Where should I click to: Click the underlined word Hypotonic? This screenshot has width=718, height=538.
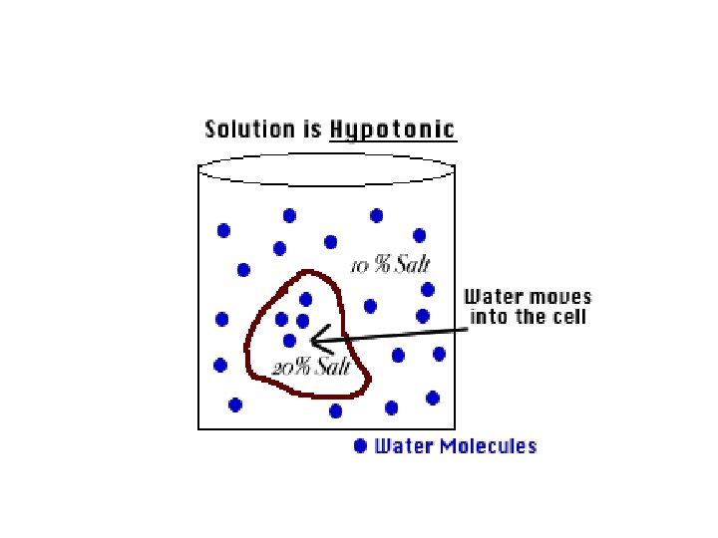coord(393,130)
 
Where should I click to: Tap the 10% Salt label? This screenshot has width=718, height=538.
coord(388,265)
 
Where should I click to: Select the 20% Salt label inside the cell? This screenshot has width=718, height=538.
coord(311,368)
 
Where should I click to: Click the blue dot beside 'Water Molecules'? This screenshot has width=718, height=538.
coord(360,446)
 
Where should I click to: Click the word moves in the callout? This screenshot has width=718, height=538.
coord(558,297)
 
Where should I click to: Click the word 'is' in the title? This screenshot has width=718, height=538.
coord(311,129)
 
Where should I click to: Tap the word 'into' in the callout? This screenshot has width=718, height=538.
coord(486,318)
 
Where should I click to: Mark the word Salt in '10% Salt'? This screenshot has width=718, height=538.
coord(408,265)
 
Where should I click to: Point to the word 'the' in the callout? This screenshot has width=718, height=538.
coord(527,318)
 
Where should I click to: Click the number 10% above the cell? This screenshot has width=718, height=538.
coord(364,266)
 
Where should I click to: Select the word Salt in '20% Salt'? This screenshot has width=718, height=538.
coord(331,368)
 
